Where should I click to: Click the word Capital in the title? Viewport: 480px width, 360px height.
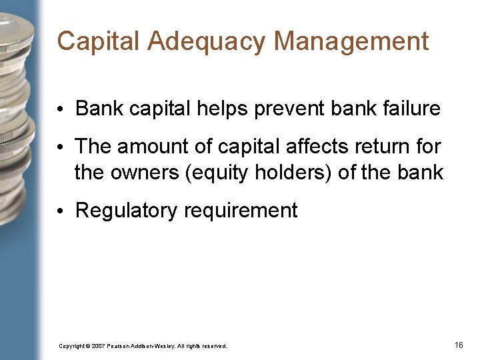pos(98,41)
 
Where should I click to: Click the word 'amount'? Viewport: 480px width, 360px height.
pos(159,145)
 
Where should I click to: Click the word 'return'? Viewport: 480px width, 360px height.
pos(393,145)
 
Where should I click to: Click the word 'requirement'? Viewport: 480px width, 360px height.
pos(241,211)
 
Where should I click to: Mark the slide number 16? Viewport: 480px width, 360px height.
pos(458,345)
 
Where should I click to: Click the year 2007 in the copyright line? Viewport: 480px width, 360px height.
pos(99,346)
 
